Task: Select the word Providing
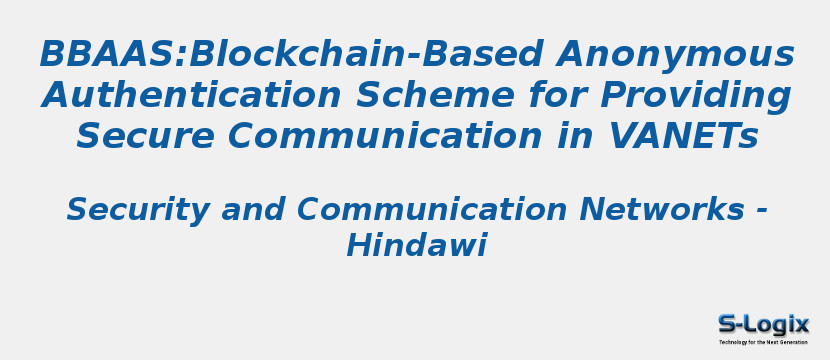click(x=695, y=95)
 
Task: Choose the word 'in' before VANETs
click(x=565, y=135)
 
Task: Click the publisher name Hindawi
click(x=415, y=245)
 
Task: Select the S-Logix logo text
click(x=763, y=324)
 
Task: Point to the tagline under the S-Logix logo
click(x=763, y=342)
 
